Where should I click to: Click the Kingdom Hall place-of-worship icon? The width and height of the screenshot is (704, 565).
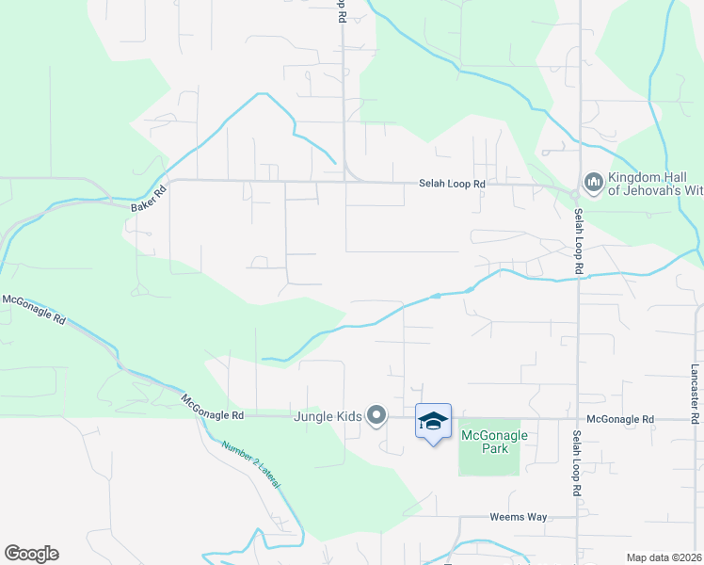[593, 181]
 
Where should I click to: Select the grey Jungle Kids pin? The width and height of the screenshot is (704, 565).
[376, 414]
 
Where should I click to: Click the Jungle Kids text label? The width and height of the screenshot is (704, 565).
[328, 415]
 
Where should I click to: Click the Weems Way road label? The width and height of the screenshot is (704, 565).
[518, 517]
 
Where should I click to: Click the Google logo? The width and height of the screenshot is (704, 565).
[31, 554]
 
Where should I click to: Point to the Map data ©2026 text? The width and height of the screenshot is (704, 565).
[664, 557]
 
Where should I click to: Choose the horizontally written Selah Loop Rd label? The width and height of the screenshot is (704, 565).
[452, 185]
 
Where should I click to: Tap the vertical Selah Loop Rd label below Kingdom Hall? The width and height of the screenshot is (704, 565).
[578, 241]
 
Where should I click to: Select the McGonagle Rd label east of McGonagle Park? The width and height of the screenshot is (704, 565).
[619, 419]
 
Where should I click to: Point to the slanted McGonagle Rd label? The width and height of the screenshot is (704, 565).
[34, 310]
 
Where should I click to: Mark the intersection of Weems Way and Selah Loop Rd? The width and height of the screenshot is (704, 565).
[578, 517]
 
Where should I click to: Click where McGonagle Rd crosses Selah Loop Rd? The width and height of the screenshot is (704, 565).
[578, 418]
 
